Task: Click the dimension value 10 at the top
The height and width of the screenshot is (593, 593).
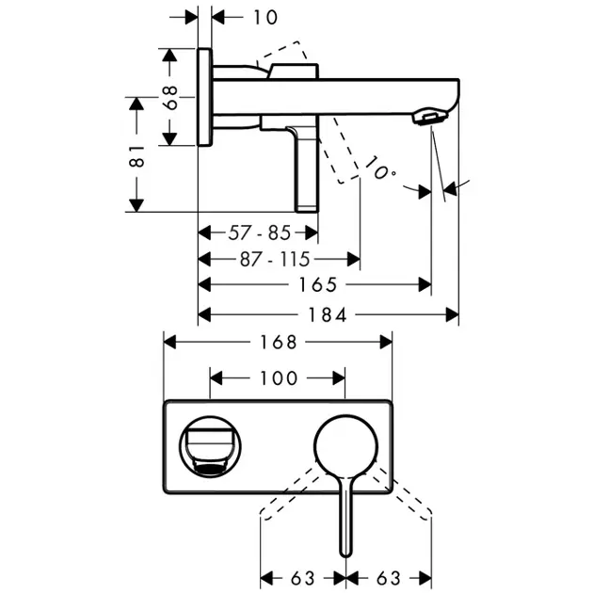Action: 240,16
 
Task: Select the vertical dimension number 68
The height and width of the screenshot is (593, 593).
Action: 170,97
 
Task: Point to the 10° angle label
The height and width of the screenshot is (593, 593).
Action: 380,170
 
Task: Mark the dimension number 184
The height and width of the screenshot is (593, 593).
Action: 327,315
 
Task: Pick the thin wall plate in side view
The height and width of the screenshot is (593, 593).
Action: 204,97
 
